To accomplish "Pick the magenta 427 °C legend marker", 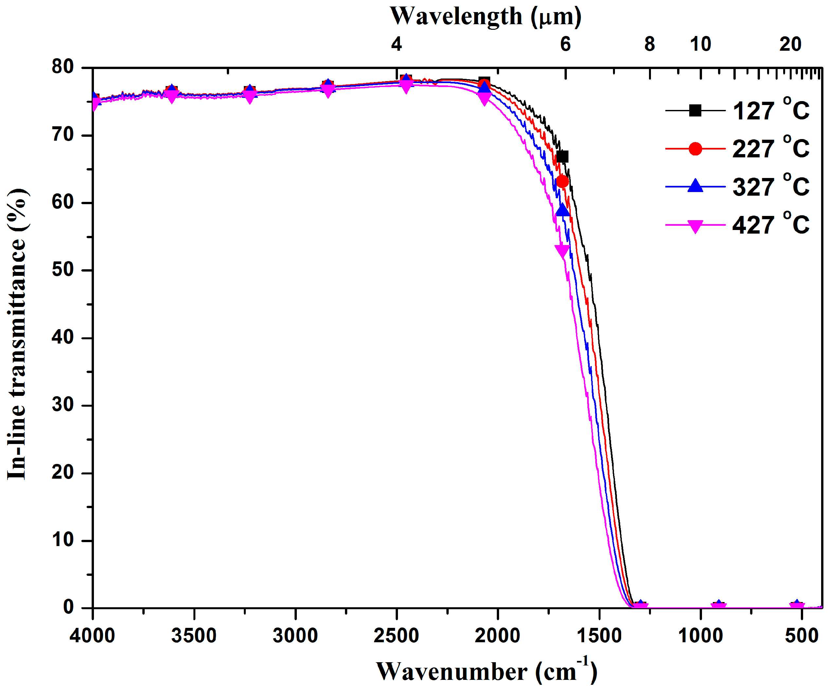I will point(695,226).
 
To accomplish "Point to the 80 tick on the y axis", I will point(63,67).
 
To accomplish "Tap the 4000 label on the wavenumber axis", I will point(92,636).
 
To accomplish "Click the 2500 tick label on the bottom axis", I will point(396,636).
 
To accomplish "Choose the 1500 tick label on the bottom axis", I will point(599,636).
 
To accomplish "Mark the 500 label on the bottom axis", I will point(801,636).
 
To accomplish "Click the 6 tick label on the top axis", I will point(566,44).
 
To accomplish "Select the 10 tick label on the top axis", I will point(700,44).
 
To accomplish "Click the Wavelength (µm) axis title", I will point(485,17).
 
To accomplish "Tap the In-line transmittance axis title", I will point(17,334).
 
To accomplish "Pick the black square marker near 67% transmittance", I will point(563,157).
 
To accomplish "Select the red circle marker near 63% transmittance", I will point(563,182).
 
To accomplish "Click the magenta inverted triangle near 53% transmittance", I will point(562,250).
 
